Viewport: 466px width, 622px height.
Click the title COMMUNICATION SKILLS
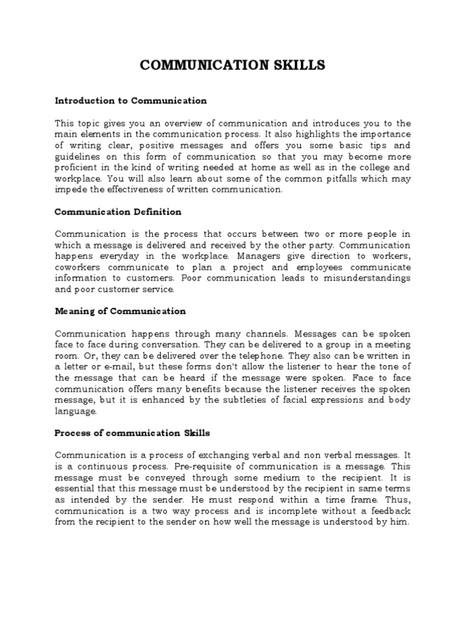click(x=232, y=65)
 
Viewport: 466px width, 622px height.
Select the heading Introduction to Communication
click(x=130, y=100)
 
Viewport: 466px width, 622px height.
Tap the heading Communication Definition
click(x=118, y=212)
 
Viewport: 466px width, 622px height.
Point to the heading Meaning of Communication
click(x=120, y=311)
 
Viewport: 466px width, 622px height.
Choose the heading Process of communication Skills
click(x=132, y=432)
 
